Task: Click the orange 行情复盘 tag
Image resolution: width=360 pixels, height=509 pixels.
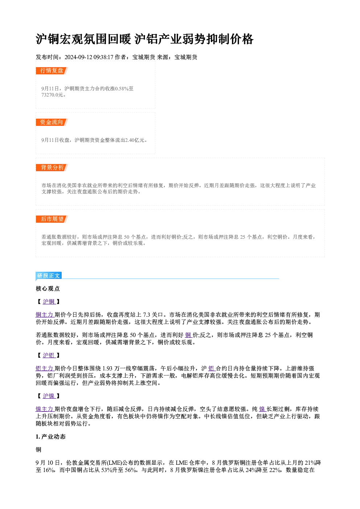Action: [x=52, y=71]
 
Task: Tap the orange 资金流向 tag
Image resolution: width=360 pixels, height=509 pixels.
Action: [x=52, y=122]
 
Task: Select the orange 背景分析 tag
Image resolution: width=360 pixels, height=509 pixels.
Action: [x=52, y=168]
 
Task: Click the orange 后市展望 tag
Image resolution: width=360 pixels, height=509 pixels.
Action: [x=52, y=219]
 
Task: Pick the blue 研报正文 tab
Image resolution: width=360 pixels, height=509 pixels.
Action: [x=49, y=275]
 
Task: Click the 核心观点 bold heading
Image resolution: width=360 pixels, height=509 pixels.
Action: [x=48, y=289]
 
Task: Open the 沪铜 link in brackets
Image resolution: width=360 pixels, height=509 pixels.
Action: [x=49, y=302]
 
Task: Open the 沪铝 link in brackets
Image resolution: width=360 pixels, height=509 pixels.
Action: [x=49, y=356]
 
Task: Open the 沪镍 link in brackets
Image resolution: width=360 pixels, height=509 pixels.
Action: [x=49, y=396]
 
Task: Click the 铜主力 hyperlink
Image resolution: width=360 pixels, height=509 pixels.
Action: [x=44, y=315]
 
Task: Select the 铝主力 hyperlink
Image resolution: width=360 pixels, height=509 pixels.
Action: [x=44, y=368]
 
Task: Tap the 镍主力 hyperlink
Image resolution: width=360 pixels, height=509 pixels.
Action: [x=44, y=409]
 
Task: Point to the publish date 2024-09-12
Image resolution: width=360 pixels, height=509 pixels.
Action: [x=78, y=57]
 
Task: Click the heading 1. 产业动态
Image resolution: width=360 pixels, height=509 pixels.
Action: [x=51, y=437]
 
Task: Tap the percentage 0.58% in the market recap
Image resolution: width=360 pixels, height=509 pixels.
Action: [x=122, y=89]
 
